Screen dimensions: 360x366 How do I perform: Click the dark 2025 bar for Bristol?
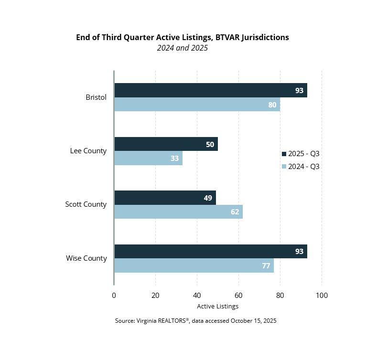[210, 90]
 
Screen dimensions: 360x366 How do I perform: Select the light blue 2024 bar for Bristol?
[197, 105]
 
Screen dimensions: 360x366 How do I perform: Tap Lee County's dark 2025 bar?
[166, 144]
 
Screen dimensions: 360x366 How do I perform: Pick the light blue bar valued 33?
[148, 158]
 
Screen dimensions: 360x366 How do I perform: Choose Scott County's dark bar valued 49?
[165, 198]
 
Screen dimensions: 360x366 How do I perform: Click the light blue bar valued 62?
[178, 212]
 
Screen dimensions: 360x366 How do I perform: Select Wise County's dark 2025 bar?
[210, 251]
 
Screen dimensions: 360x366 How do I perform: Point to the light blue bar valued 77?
[194, 265]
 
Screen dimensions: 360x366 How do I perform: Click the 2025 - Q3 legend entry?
[301, 154]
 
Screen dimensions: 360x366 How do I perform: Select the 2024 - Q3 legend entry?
[301, 167]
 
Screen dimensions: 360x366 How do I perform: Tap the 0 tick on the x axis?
[114, 296]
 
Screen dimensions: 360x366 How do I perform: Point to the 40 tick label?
[197, 296]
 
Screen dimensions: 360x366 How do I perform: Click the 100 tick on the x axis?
[322, 296]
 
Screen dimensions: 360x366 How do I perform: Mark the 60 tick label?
[238, 296]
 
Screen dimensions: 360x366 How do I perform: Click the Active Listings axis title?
[217, 306]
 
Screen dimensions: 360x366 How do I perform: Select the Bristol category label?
[96, 97]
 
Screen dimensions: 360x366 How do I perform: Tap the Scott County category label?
[86, 204]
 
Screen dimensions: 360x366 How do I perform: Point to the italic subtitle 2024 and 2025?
[183, 48]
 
